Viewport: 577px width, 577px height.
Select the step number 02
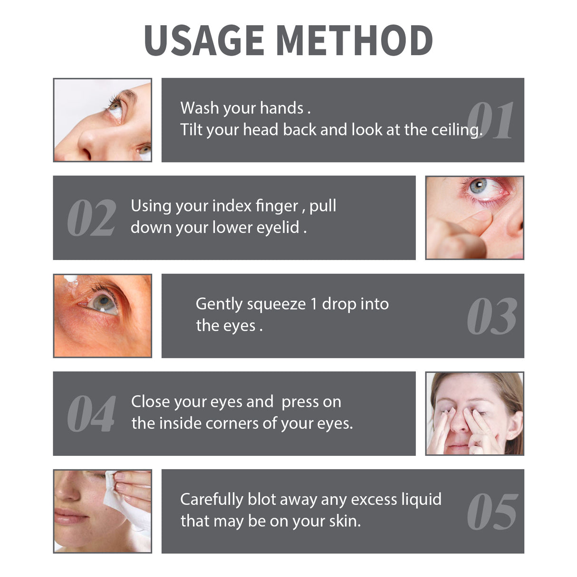(91, 219)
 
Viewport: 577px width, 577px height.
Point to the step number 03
(491, 317)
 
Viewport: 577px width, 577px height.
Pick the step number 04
(91, 414)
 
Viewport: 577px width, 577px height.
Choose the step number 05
(492, 512)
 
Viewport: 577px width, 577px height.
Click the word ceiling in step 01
(456, 130)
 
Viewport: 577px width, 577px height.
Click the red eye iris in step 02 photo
(478, 185)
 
